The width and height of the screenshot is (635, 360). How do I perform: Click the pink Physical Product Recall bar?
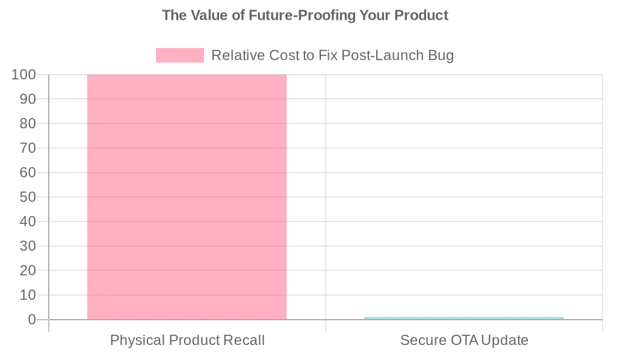click(187, 197)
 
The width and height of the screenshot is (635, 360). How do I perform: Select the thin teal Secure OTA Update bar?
click(463, 318)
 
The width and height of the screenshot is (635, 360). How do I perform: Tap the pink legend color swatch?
click(179, 55)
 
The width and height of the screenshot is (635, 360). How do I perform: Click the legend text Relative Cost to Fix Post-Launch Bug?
click(332, 55)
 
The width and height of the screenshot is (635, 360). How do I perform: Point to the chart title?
click(305, 15)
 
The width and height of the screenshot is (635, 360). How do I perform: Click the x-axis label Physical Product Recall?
click(187, 340)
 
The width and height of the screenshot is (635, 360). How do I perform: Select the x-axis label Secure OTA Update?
click(464, 340)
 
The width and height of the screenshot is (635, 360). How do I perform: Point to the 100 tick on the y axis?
click(24, 75)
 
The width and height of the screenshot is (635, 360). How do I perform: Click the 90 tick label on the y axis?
click(28, 99)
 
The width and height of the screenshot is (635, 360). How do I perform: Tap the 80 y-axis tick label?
click(28, 123)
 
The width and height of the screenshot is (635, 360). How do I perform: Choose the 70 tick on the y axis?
click(28, 148)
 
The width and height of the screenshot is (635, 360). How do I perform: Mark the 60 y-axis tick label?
click(28, 173)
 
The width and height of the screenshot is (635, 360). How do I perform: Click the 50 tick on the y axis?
click(28, 197)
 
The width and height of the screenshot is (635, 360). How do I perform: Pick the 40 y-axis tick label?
click(28, 222)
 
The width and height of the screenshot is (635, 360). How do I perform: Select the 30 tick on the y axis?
click(28, 246)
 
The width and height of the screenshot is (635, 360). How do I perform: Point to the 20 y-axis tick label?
click(28, 270)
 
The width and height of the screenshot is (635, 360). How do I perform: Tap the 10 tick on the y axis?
click(28, 295)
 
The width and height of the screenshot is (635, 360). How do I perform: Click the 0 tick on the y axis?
click(32, 320)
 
